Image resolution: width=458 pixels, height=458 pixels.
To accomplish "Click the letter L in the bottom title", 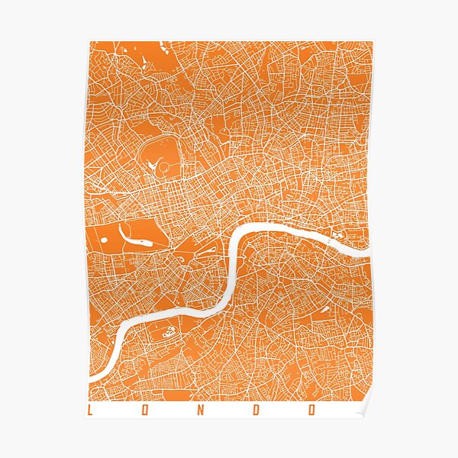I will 90,410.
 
